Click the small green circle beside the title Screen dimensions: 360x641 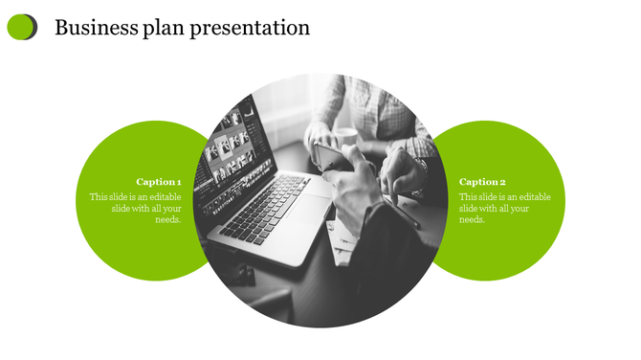click(21, 28)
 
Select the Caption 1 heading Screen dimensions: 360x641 click(158, 181)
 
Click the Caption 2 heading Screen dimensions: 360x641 click(482, 181)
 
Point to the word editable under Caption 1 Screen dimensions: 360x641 click(163, 197)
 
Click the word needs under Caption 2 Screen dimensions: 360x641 click(472, 220)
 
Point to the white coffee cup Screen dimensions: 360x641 click(344, 138)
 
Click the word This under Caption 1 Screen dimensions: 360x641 click(99, 197)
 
